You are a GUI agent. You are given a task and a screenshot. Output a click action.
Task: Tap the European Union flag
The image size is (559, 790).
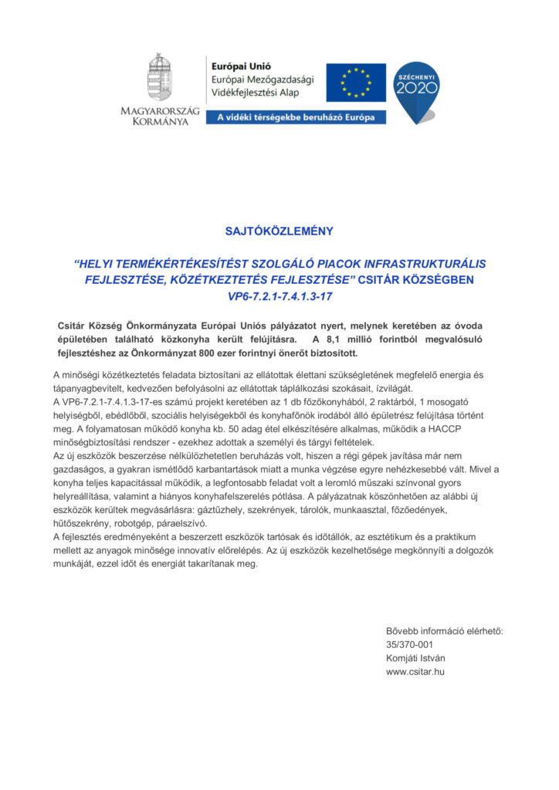(355, 83)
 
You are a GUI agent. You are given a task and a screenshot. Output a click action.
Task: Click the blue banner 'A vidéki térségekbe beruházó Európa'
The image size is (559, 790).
(295, 118)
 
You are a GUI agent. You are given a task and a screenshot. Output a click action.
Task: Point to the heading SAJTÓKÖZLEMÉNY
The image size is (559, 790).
(279, 231)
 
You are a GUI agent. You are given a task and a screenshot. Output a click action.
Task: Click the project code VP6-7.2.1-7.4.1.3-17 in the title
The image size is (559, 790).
(279, 295)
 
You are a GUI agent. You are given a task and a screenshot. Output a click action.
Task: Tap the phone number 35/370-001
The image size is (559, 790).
(409, 645)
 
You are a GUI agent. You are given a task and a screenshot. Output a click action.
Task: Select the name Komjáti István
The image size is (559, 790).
(415, 658)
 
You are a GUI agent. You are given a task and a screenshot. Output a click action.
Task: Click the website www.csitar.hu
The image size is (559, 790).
(415, 672)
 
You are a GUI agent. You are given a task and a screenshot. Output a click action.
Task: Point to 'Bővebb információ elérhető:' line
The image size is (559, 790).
(444, 631)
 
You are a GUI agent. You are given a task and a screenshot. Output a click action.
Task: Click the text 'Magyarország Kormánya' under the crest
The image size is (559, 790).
(160, 116)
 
